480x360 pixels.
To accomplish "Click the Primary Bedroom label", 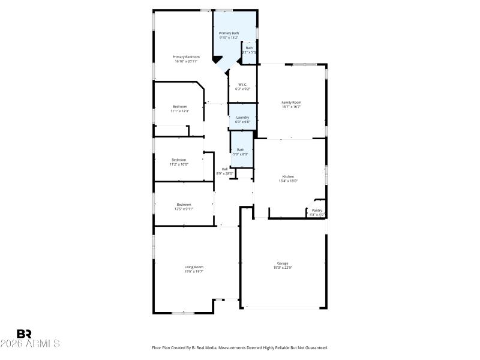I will point(187,57).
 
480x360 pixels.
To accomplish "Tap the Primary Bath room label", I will point(229,33).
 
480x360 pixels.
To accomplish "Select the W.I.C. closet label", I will point(242,85).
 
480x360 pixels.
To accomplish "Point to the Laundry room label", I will point(242,117).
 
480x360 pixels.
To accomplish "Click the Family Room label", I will point(291,103).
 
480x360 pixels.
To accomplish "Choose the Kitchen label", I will point(289,176).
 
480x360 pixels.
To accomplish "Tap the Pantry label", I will point(317,210).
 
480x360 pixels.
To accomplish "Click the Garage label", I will point(283,263).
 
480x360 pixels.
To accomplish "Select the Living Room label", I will point(194,267).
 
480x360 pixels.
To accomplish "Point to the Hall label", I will point(224,169).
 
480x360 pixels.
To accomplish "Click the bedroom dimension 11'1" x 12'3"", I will point(180,111).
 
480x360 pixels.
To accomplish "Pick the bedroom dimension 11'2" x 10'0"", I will point(179,164).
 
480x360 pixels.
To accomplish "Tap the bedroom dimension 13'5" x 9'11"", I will point(184,209).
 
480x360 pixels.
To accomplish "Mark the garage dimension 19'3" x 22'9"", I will point(283,268).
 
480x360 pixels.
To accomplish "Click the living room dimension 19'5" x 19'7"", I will point(194,271).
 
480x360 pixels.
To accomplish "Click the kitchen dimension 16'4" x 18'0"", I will point(289,181).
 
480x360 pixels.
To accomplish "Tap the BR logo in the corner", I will point(24,334).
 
